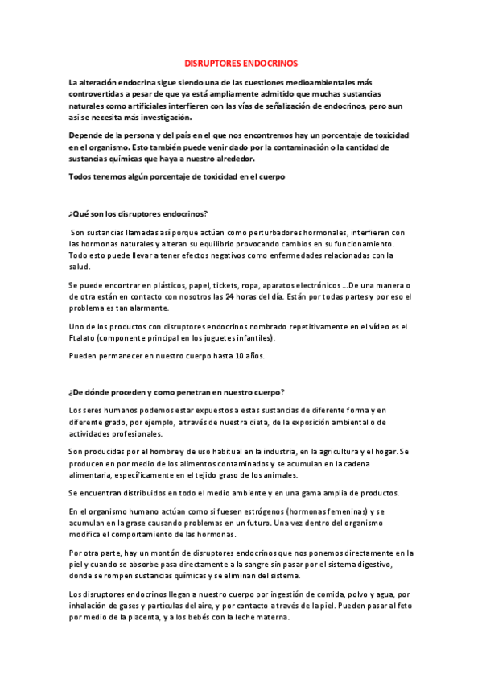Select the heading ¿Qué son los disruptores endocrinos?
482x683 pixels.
(x=138, y=213)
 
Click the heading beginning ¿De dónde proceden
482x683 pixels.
(x=176, y=392)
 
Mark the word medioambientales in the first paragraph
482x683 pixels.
(x=318, y=82)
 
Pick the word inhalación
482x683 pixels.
(x=90, y=606)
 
